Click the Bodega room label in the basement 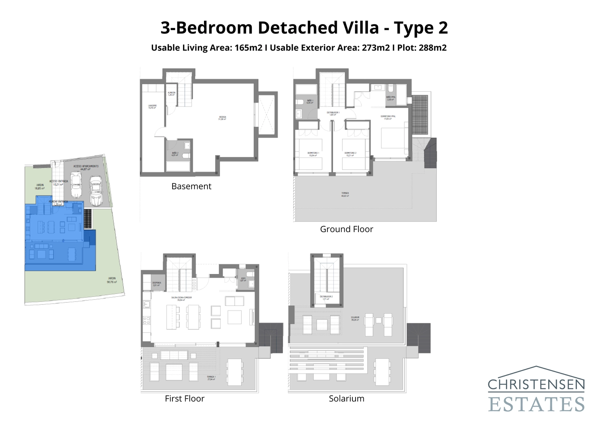click(x=222, y=118)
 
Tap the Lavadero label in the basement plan click(x=152, y=107)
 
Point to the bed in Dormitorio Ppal click(x=393, y=138)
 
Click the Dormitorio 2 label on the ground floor click(x=350, y=154)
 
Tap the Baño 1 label click(x=310, y=102)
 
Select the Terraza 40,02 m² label click(x=345, y=194)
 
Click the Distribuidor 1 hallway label click(x=333, y=113)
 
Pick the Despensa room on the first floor click(x=157, y=284)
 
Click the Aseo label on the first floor click(x=243, y=280)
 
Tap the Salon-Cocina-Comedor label click(x=181, y=298)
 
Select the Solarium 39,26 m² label click(x=355, y=318)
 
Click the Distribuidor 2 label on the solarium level click(x=326, y=298)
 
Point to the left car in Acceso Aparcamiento click(x=76, y=185)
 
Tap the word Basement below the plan click(x=191, y=186)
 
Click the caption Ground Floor click(x=346, y=229)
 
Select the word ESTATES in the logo click(x=536, y=404)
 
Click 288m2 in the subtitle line click(x=433, y=48)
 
